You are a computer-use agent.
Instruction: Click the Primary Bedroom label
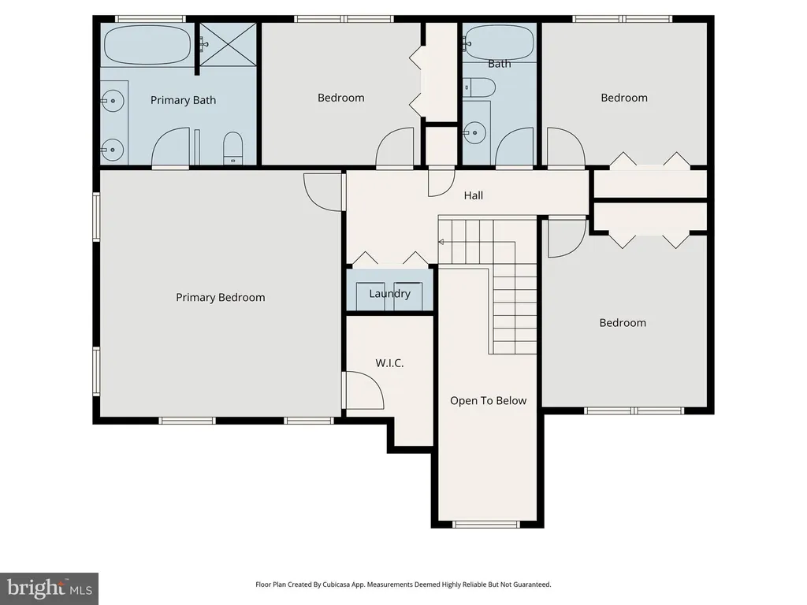click(221, 297)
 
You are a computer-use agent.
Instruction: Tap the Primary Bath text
click(183, 100)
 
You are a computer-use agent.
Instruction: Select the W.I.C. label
click(389, 363)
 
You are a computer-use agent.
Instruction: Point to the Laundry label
click(389, 294)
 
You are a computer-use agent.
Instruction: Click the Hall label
click(474, 195)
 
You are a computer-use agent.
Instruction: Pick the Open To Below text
click(489, 401)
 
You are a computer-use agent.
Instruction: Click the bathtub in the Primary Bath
click(147, 45)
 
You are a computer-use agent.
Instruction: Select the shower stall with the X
click(228, 44)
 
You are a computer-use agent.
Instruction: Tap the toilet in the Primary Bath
click(232, 148)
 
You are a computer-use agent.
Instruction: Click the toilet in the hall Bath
click(478, 87)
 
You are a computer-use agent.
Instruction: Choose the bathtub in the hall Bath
click(499, 43)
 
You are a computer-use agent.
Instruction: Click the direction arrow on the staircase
click(441, 242)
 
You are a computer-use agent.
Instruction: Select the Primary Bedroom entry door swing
click(323, 192)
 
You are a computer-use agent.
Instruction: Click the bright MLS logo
click(49, 588)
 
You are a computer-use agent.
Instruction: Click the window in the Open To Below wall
click(485, 524)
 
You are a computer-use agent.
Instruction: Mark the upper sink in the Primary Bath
click(112, 101)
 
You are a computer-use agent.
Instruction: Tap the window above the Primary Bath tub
click(150, 19)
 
